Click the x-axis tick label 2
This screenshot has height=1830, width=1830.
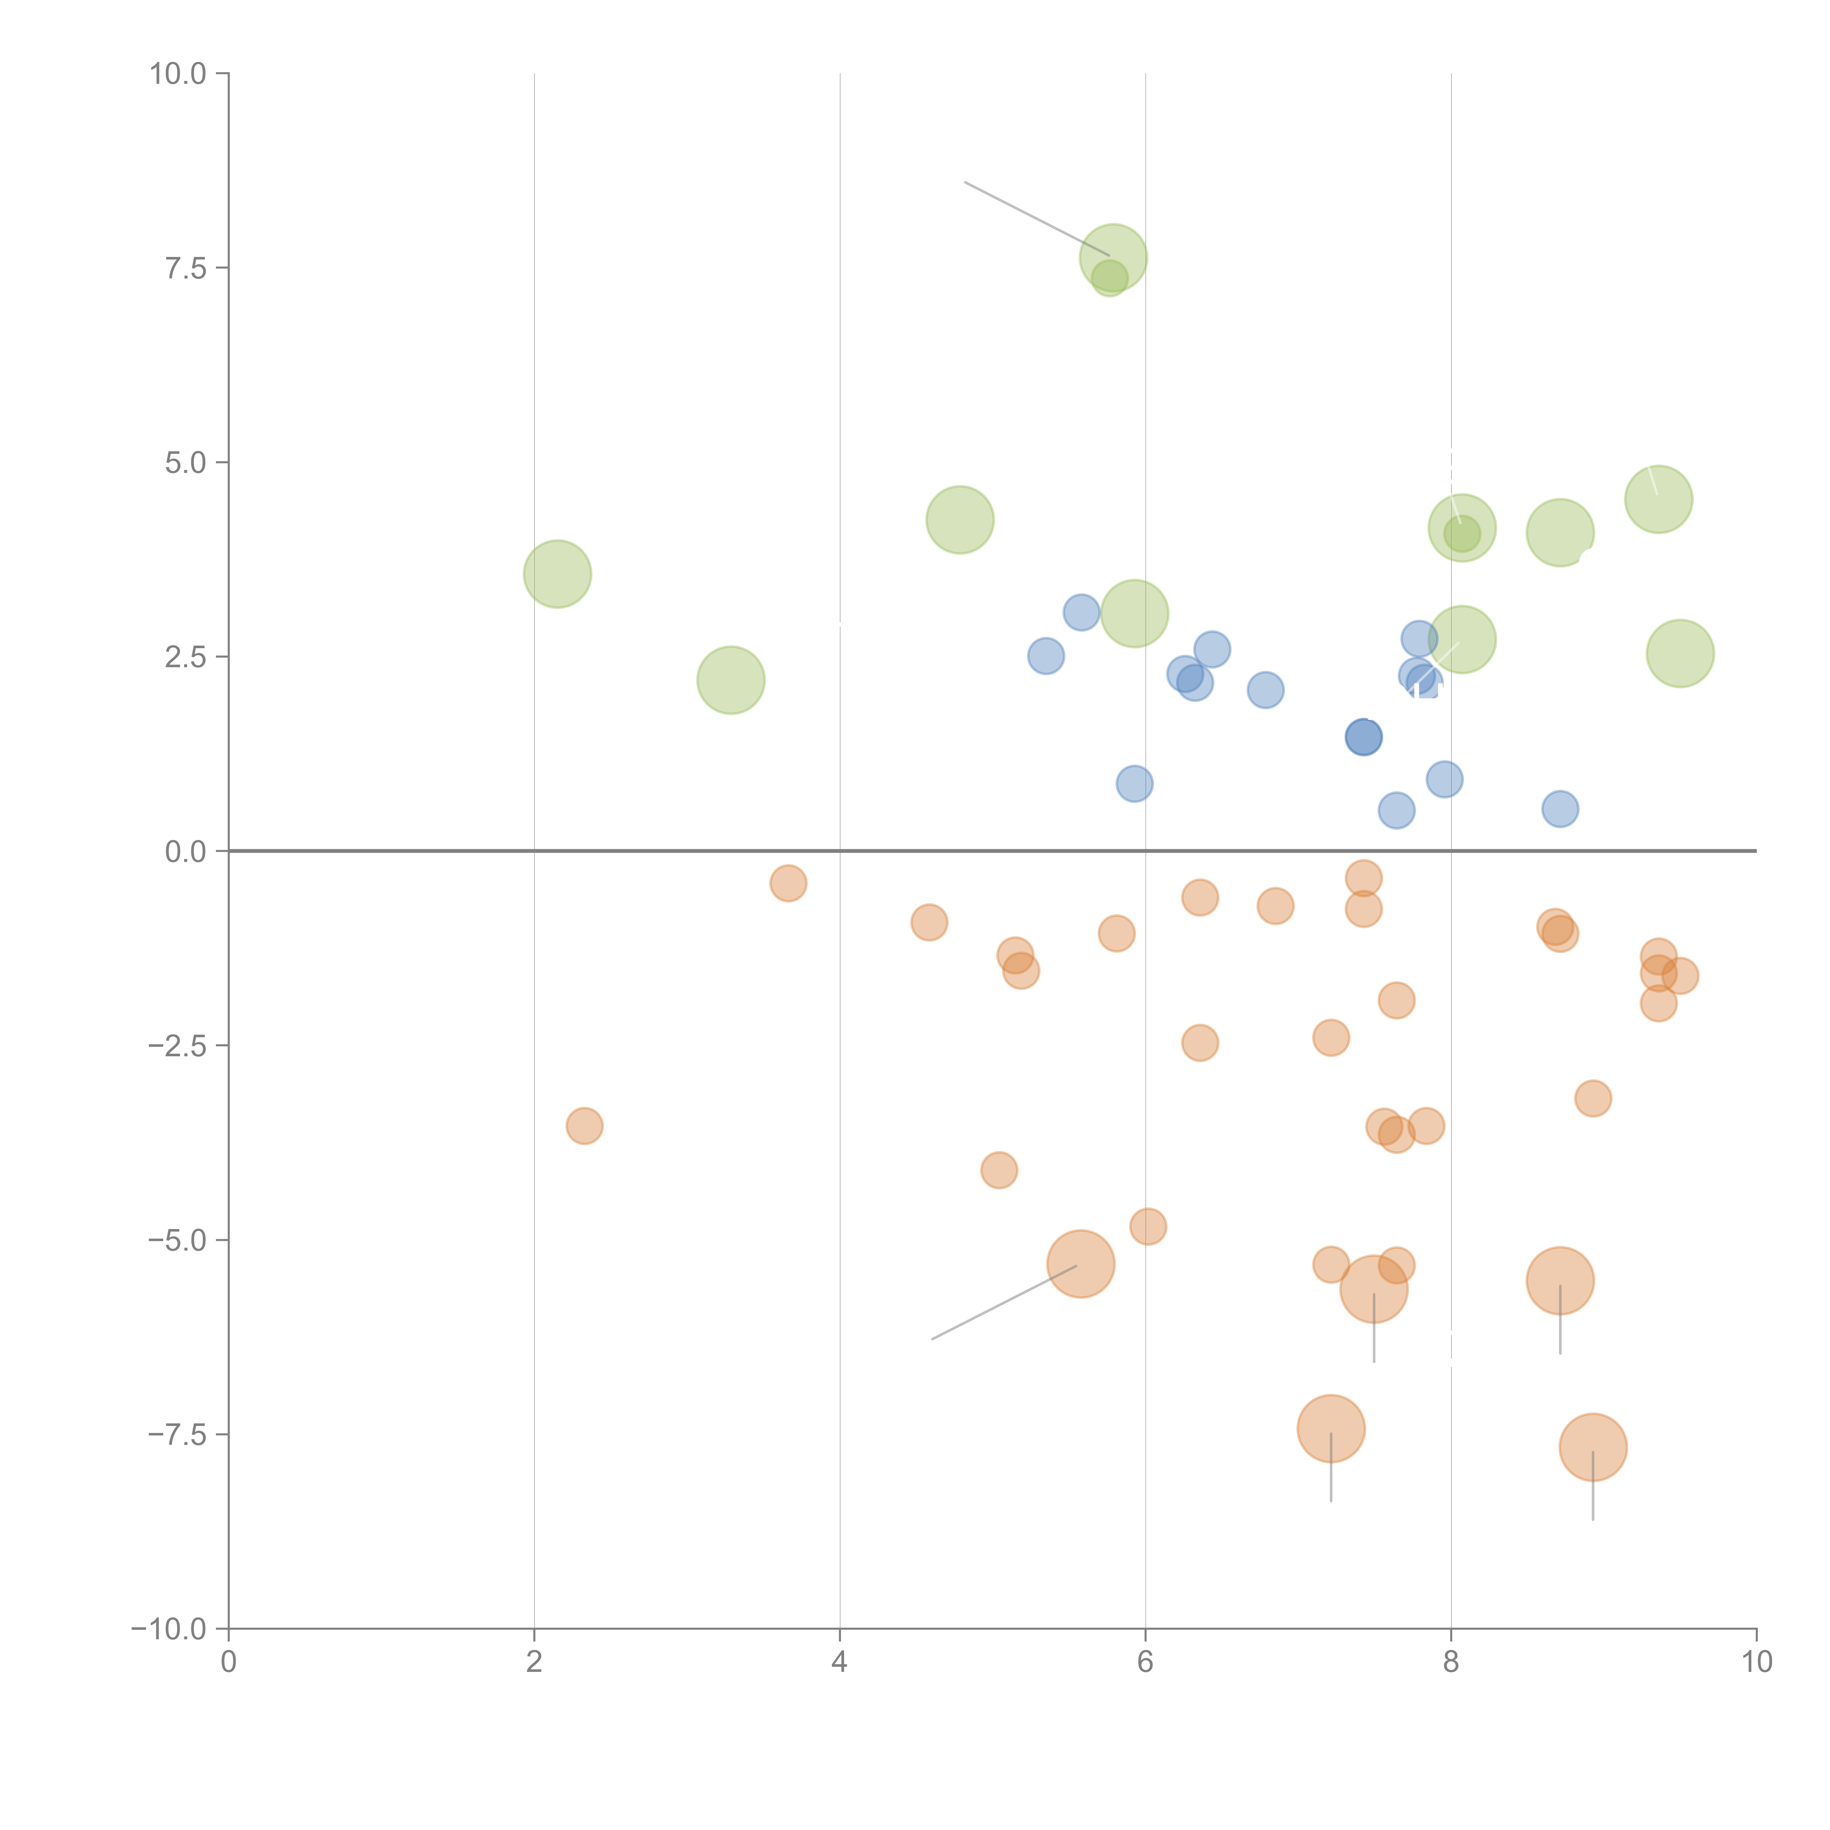534,1662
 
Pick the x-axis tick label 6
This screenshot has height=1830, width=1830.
1145,1662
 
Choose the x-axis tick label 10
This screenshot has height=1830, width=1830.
1756,1662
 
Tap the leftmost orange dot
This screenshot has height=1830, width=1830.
585,1125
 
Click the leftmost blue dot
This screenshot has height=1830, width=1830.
1046,656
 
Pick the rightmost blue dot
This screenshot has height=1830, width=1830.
1560,809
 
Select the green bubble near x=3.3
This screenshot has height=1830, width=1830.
730,680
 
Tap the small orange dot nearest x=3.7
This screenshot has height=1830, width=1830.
788,884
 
